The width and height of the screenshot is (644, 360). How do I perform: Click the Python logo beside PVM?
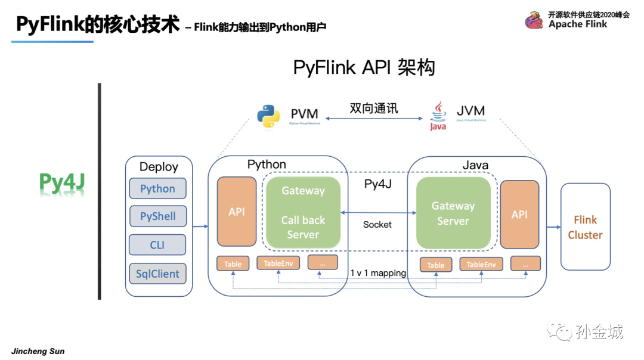pyautogui.click(x=268, y=116)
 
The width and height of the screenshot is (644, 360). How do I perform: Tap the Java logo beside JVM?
pyautogui.click(x=438, y=115)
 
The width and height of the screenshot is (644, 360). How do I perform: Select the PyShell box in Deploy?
pyautogui.click(x=158, y=216)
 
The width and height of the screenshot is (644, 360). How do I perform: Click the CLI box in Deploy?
pyautogui.click(x=158, y=245)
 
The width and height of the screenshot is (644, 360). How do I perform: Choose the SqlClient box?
pyautogui.click(x=158, y=274)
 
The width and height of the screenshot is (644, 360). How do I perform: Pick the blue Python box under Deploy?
pyautogui.click(x=158, y=188)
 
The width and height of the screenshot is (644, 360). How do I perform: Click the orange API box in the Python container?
pyautogui.click(x=237, y=212)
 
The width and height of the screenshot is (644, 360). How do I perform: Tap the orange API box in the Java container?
pyautogui.click(x=519, y=215)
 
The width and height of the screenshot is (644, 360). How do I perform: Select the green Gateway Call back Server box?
pyautogui.click(x=303, y=213)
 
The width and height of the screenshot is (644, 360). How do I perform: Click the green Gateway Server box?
pyautogui.click(x=453, y=213)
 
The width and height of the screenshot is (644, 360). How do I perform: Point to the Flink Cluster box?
pyautogui.click(x=585, y=228)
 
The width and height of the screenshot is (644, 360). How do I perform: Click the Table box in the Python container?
pyautogui.click(x=233, y=263)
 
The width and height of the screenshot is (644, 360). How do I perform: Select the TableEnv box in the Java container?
pyautogui.click(x=481, y=264)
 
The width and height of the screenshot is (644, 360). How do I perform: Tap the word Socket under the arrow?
pyautogui.click(x=377, y=224)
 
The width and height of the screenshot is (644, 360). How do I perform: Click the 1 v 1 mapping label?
pyautogui.click(x=378, y=273)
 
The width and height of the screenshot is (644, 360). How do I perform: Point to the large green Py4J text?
pyautogui.click(x=61, y=184)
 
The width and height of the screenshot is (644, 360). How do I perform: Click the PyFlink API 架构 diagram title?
pyautogui.click(x=364, y=67)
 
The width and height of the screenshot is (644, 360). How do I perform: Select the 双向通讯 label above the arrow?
pyautogui.click(x=374, y=108)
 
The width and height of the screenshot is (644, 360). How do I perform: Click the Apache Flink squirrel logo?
pyautogui.click(x=534, y=20)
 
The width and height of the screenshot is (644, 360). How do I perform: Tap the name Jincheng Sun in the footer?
pyautogui.click(x=38, y=351)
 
